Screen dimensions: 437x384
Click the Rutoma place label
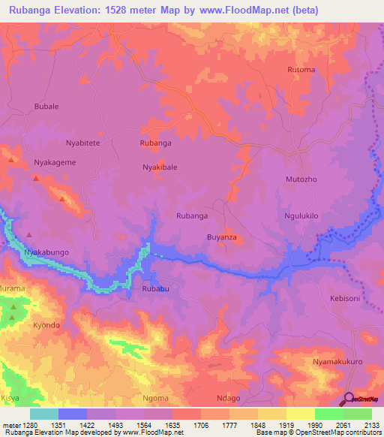[301, 70]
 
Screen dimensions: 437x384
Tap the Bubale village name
[46, 107]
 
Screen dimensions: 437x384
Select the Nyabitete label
[82, 143]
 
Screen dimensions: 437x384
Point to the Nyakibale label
[160, 167]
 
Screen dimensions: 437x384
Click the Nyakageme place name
[55, 161]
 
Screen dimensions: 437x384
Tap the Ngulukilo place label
[301, 215]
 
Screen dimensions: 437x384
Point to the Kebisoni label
[346, 298]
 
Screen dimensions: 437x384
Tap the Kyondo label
[46, 326]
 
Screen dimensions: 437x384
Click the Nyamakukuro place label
[337, 362]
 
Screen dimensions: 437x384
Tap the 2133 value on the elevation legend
[371, 425]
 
